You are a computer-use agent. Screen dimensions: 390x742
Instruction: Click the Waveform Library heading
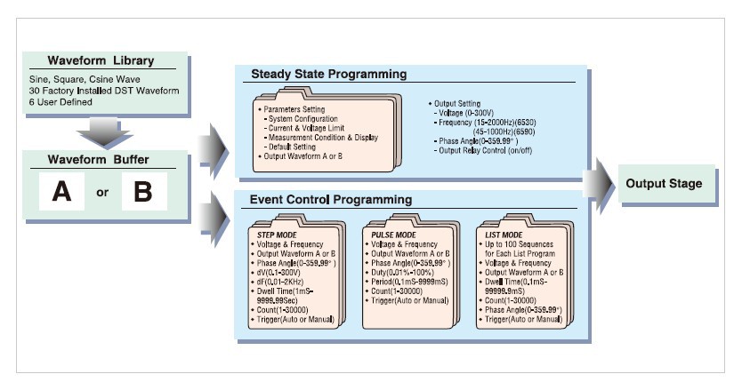pos(100,61)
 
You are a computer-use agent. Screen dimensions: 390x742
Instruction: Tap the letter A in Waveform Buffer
pos(61,192)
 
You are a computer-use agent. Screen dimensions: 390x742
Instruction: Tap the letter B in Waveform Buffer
pos(137,192)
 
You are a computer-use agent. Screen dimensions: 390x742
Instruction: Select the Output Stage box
pos(663,183)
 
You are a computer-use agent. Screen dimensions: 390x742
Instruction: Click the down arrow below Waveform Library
pos(100,134)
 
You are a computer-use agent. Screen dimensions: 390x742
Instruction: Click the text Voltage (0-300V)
pos(474,112)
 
